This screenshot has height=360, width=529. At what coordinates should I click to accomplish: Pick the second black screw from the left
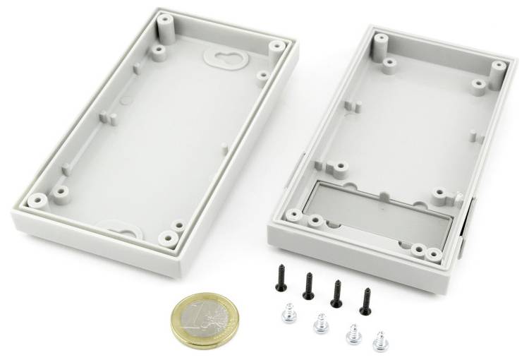[x=308, y=285]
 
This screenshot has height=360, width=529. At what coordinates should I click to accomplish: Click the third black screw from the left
[x=336, y=292]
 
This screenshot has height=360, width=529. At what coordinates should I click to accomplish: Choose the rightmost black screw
[x=365, y=300]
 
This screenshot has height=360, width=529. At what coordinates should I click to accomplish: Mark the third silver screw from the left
[x=351, y=333]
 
